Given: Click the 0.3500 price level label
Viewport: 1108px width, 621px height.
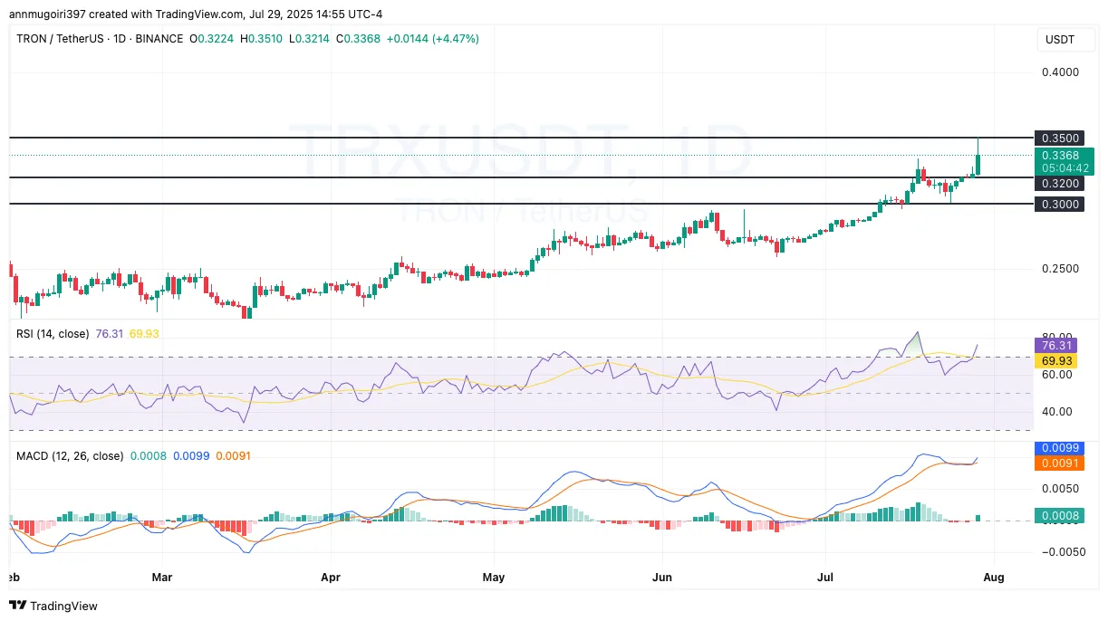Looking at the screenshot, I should (x=1059, y=139).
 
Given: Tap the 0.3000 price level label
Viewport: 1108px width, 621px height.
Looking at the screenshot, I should (x=1059, y=205).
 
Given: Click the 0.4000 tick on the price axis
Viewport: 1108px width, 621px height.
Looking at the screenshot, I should (x=1059, y=72).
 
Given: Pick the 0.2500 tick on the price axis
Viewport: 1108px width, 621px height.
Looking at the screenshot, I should (x=1059, y=269).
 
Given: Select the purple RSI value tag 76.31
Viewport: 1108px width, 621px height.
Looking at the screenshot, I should (x=1057, y=345).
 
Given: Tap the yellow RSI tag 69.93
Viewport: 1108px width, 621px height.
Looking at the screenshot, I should (x=1057, y=360).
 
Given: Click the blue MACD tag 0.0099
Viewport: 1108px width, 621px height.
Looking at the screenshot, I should (x=1059, y=448).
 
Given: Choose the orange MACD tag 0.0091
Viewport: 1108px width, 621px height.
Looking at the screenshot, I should (x=1059, y=463).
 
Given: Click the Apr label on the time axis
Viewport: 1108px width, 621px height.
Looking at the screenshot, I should (x=331, y=577).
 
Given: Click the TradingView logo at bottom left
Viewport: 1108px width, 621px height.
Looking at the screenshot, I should (x=53, y=606).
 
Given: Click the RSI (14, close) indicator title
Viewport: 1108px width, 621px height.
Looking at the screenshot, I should (x=53, y=334).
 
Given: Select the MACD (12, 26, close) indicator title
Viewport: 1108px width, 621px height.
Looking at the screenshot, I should (x=70, y=456).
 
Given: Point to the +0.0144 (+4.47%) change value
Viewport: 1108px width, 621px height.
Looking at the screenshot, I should (x=433, y=39).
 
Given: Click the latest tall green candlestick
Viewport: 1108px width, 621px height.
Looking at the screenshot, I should (x=978, y=164).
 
